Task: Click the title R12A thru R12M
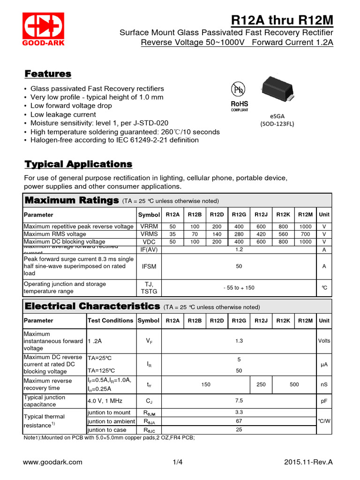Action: pyautogui.click(x=282, y=21)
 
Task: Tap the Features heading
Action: pyautogui.click(x=48, y=74)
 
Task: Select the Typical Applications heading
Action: pyautogui.click(x=78, y=164)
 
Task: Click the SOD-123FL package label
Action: pyautogui.click(x=277, y=124)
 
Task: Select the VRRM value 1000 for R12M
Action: pyautogui.click(x=305, y=226)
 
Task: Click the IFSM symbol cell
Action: pyautogui.click(x=149, y=266)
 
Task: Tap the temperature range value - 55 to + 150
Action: pyautogui.click(x=239, y=287)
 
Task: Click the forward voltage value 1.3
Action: pyautogui.click(x=239, y=341)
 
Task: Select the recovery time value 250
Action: pyautogui.click(x=261, y=384)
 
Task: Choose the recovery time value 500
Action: pyautogui.click(x=294, y=384)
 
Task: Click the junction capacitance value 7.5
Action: pyautogui.click(x=239, y=401)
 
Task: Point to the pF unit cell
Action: pyautogui.click(x=324, y=401)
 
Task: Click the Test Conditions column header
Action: pyautogui.click(x=111, y=321)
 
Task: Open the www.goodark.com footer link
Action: pyautogui.click(x=52, y=462)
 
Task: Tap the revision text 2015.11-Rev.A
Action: pyautogui.click(x=308, y=462)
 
